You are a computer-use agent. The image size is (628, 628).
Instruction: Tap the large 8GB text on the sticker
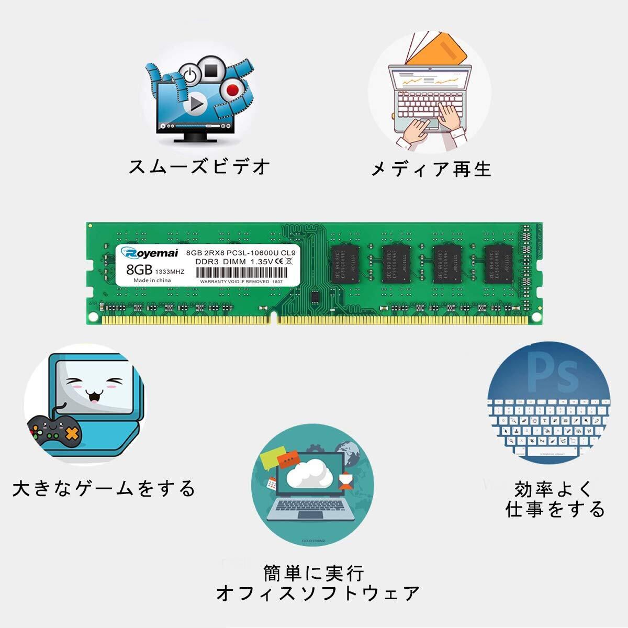click(x=139, y=269)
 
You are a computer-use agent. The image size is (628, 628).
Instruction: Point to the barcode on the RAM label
click(x=241, y=273)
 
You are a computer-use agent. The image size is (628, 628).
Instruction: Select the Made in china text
click(x=152, y=281)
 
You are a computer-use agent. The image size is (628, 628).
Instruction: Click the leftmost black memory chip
click(x=344, y=264)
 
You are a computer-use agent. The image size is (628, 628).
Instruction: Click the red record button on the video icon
click(x=232, y=89)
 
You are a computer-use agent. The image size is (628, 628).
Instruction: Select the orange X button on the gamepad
click(x=72, y=433)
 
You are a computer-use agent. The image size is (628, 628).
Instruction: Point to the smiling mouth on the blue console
click(x=94, y=397)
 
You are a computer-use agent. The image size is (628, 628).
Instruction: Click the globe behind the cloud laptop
click(x=348, y=453)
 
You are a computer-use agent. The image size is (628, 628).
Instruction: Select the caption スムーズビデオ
click(x=200, y=167)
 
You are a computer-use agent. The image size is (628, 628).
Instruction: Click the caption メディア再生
click(x=431, y=169)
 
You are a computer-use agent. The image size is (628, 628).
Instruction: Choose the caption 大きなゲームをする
click(x=104, y=488)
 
